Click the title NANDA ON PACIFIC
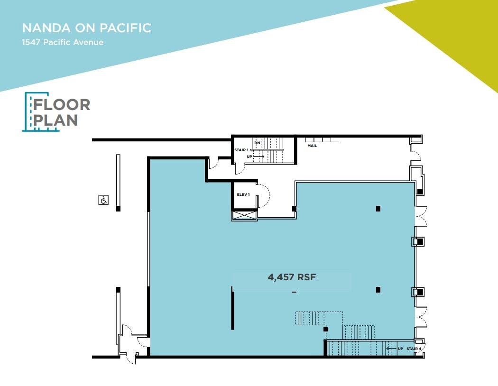click(86, 28)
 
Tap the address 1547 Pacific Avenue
click(62, 42)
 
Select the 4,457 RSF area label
click(292, 277)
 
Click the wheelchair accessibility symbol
click(103, 200)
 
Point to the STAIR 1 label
click(241, 150)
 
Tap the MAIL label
click(312, 146)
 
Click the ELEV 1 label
click(243, 194)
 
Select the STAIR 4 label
click(414, 349)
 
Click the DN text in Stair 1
click(257, 143)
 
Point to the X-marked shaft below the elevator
click(243, 215)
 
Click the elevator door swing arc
click(264, 195)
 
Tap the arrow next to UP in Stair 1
click(258, 156)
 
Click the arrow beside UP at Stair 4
click(391, 349)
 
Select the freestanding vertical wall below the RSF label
click(232, 308)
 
